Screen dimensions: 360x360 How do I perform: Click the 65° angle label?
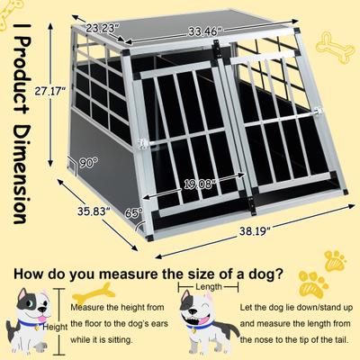click(132, 215)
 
